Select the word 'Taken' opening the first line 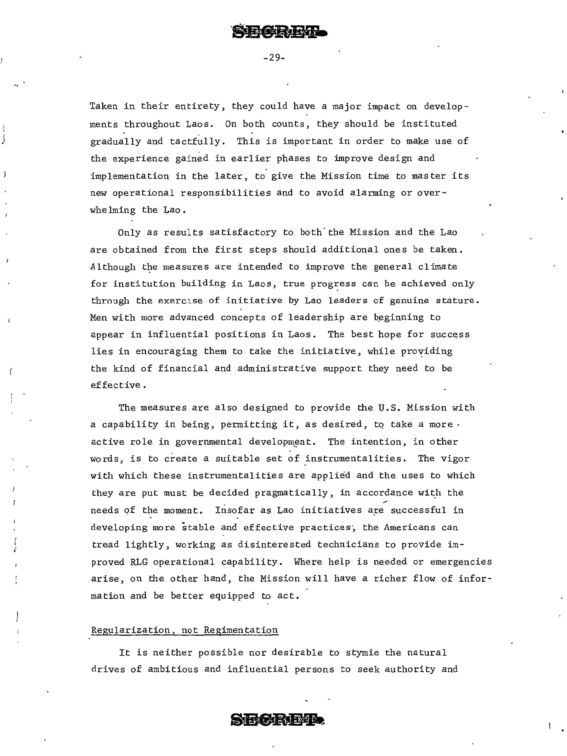click(x=104, y=106)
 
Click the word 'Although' click(x=113, y=267)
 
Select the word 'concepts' click(x=243, y=318)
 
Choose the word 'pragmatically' click(x=291, y=493)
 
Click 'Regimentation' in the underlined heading click(x=241, y=630)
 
